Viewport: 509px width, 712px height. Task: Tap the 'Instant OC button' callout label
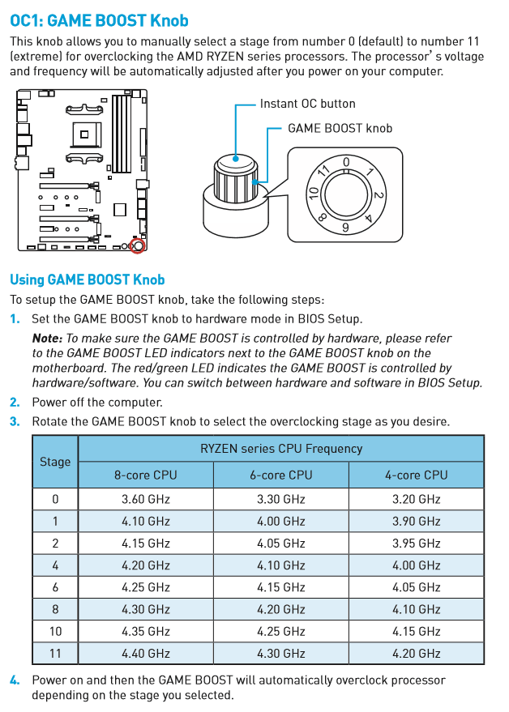[307, 104]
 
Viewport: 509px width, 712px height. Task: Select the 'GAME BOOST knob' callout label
[340, 128]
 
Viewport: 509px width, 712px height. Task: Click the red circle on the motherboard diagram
[138, 245]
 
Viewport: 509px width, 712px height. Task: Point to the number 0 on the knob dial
[346, 163]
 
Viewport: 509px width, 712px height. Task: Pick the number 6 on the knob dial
[346, 228]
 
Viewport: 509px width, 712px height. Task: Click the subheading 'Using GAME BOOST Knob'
[87, 279]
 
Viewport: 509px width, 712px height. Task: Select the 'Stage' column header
[55, 462]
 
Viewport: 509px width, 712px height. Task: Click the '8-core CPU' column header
[146, 475]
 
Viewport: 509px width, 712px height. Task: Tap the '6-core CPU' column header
[281, 475]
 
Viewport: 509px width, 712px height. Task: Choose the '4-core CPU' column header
[416, 475]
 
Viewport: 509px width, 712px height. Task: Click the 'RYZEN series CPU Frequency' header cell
[281, 448]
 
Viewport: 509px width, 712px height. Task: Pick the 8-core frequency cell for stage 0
[146, 499]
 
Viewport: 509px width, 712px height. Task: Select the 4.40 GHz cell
[146, 653]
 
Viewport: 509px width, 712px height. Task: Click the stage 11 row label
[55, 653]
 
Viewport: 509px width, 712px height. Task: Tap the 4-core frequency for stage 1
[416, 522]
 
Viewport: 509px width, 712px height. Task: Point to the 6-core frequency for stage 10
[281, 631]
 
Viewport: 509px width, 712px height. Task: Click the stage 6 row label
[55, 587]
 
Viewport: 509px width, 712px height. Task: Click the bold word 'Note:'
[47, 338]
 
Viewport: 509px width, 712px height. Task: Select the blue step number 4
[15, 680]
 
